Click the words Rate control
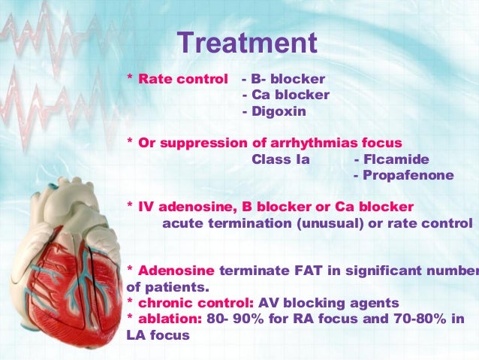182,79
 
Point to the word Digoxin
278,111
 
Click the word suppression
194,143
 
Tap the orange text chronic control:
196,303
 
